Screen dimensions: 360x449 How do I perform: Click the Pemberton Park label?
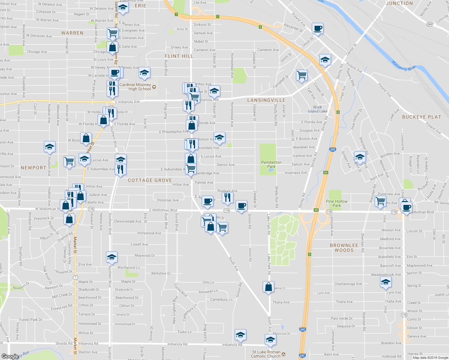tap(271, 164)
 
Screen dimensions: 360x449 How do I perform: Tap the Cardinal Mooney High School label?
tap(135, 87)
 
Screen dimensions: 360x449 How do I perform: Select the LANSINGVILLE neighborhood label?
tap(266, 100)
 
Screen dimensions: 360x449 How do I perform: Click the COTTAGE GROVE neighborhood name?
tap(150, 180)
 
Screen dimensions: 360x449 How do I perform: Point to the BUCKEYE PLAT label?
tap(421, 117)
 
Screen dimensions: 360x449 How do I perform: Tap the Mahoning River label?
tap(404, 66)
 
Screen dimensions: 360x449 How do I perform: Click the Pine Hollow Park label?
tap(337, 203)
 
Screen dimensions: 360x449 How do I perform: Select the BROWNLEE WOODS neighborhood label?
tap(344, 247)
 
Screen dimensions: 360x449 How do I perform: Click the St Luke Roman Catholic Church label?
tap(266, 354)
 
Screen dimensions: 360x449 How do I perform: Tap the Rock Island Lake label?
tap(318, 109)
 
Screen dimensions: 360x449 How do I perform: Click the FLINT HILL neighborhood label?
tap(179, 56)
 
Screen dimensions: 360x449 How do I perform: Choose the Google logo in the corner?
tap(10, 356)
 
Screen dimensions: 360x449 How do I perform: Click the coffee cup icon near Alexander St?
tap(318, 28)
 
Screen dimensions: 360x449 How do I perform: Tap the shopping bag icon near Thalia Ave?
tap(268, 287)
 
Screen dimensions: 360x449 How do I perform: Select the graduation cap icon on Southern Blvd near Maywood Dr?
tap(112, 257)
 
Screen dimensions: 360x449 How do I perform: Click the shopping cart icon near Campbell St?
tap(302, 75)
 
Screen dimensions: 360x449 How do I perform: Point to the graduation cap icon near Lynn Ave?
tap(386, 282)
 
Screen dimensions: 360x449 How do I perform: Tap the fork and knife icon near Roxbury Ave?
tap(228, 197)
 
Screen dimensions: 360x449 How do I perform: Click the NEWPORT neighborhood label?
tap(33, 168)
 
